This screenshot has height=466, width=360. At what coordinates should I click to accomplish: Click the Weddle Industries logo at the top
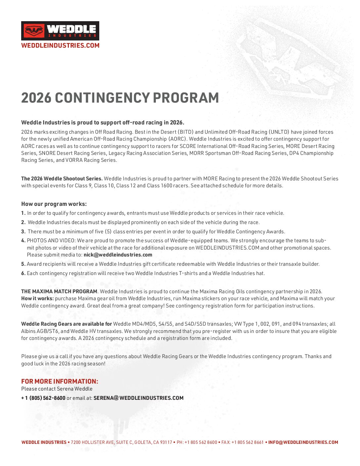pos(60,31)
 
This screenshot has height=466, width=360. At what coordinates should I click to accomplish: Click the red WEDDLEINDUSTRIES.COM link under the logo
pos(60,46)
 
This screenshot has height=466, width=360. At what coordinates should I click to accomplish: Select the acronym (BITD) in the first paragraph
pos(185,132)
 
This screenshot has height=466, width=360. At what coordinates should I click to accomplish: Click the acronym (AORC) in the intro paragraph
pos(177,139)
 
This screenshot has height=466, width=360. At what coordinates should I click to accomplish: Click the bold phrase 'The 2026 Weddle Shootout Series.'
pos(62,179)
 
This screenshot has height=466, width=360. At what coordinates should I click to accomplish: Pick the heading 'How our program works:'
pos(54,204)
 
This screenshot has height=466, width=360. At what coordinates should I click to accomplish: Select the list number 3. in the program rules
pos(23,232)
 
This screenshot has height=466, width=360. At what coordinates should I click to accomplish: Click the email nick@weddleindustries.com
pos(118,255)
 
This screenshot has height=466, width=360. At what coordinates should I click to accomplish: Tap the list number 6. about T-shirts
pos(23,273)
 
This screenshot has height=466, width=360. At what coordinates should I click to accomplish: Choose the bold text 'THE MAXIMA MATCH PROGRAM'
pos(59,292)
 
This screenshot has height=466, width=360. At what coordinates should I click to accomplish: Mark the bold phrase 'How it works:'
pos(37,299)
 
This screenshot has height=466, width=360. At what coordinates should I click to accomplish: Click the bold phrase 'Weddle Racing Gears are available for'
pos(67,324)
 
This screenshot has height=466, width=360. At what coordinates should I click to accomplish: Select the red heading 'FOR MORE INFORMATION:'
pos(60,381)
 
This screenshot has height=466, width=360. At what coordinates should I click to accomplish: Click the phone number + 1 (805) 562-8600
pos(43,398)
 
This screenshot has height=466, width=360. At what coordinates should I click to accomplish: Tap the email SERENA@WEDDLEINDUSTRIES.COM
pos(138,398)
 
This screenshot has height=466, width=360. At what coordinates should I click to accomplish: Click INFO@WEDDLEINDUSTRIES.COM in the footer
pos(303,443)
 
